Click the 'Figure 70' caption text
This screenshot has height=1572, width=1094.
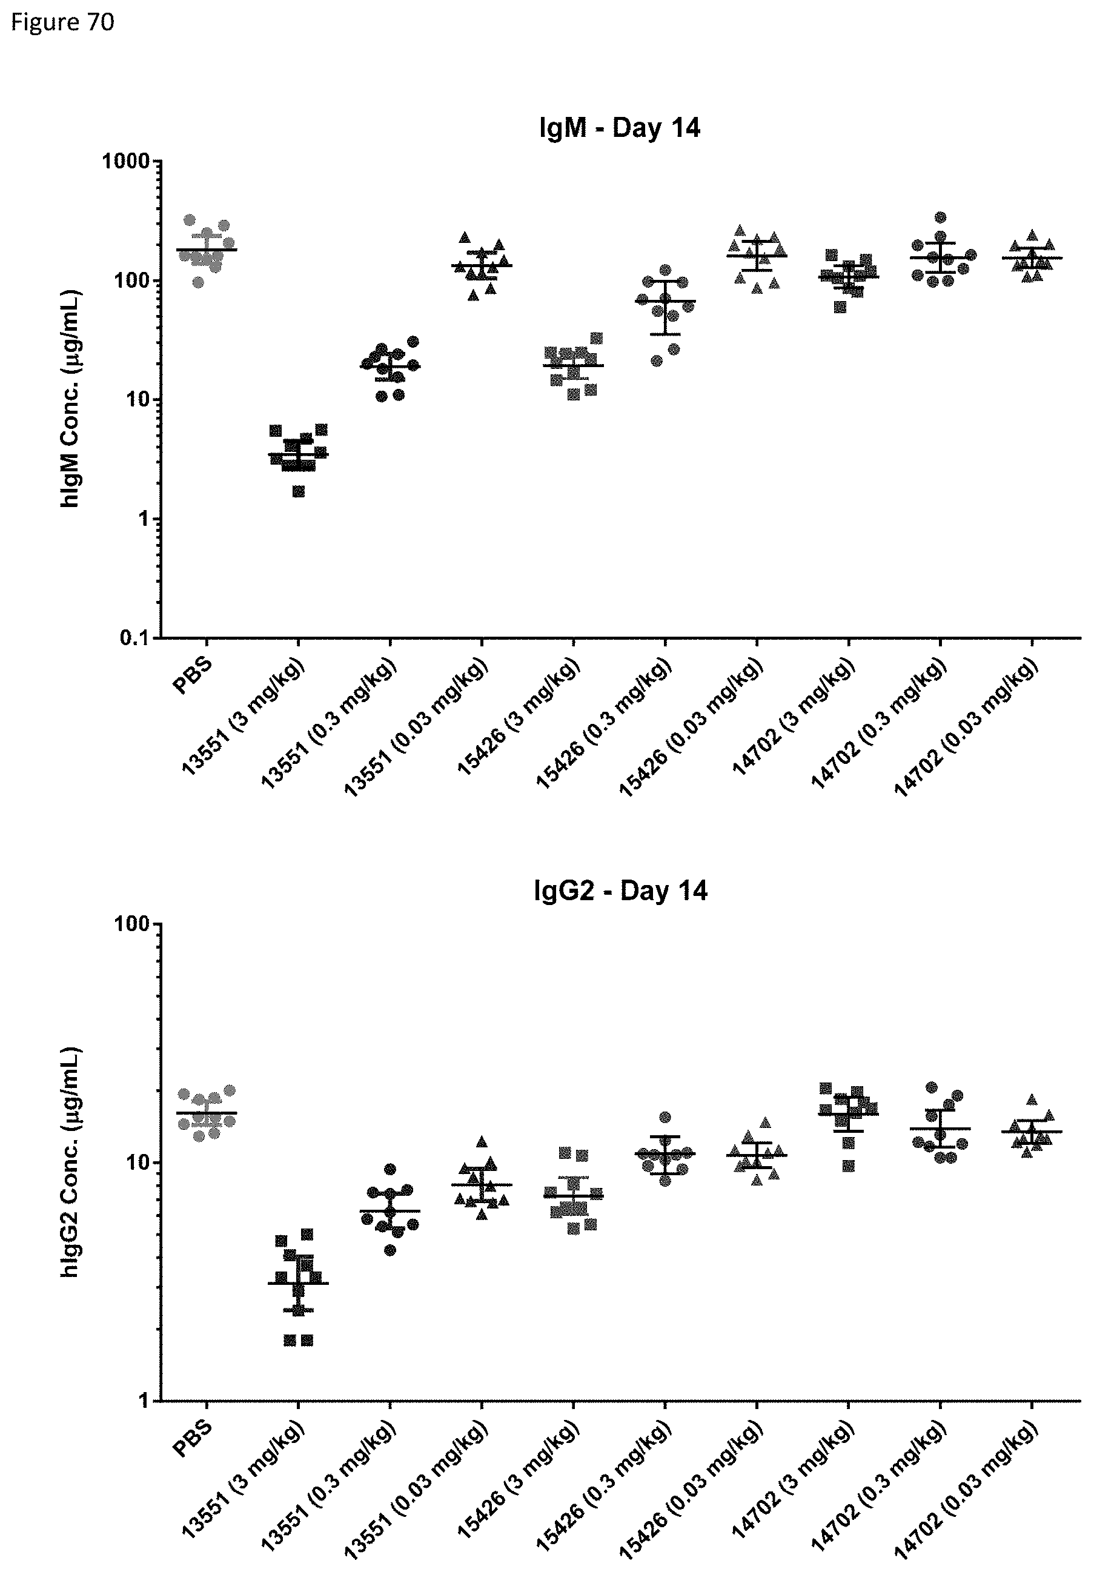click(x=63, y=22)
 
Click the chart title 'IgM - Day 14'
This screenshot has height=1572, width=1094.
click(x=620, y=128)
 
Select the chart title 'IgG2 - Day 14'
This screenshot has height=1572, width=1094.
click(x=620, y=890)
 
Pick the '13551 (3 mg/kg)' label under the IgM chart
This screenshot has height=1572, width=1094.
click(x=244, y=716)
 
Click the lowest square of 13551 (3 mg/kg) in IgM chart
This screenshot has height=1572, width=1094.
click(x=299, y=492)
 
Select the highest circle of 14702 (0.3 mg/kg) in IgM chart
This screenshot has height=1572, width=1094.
click(x=941, y=217)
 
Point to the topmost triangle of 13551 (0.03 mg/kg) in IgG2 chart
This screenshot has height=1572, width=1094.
click(x=482, y=1141)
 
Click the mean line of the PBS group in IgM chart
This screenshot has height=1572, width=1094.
click(x=207, y=250)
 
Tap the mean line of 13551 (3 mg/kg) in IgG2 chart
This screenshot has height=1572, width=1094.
click(x=299, y=1283)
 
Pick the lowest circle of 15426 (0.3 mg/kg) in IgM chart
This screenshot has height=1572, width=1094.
click(x=657, y=361)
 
